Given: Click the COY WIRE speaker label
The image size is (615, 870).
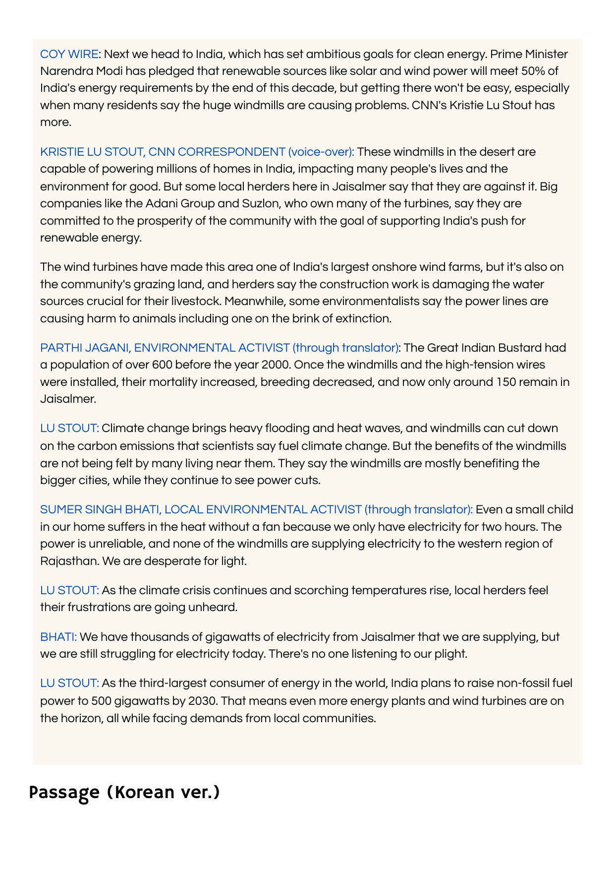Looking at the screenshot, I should pyautogui.click(x=69, y=54).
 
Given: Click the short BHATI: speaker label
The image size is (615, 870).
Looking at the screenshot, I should pyautogui.click(x=58, y=636).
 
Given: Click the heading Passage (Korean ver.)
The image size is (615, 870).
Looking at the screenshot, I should pyautogui.click(x=124, y=792).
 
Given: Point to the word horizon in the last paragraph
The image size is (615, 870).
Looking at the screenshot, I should pyautogui.click(x=80, y=718).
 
